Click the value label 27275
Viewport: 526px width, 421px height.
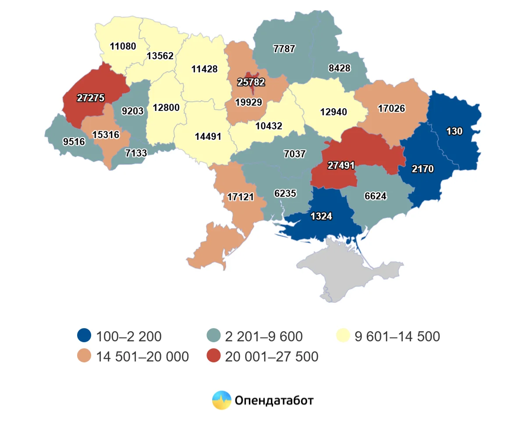point(91,98)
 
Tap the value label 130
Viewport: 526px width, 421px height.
point(454,131)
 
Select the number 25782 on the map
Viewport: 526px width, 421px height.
point(251,82)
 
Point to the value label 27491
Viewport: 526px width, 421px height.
point(341,166)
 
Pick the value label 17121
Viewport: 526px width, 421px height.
point(240,197)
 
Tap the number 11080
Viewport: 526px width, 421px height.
point(123,46)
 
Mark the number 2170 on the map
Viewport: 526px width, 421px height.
point(423,169)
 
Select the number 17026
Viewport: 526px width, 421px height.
point(391,108)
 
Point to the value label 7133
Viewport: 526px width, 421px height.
point(136,152)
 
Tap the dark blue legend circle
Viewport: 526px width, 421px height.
point(84,336)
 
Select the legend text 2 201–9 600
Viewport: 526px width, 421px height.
point(263,336)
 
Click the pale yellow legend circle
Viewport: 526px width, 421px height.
point(344,336)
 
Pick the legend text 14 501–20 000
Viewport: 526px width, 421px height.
point(142,357)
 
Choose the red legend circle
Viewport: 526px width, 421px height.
point(213,357)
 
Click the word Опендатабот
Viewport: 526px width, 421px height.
point(274,400)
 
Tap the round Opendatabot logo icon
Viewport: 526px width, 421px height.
point(222,400)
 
